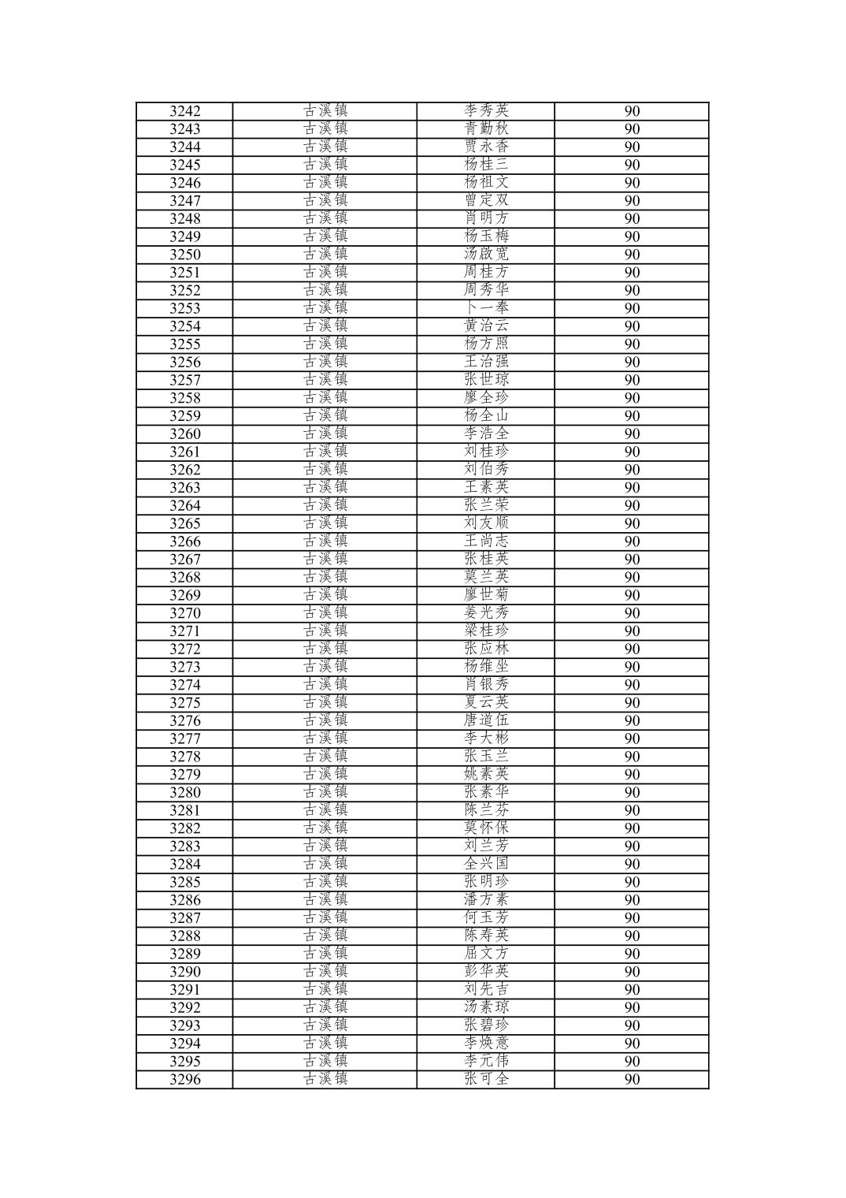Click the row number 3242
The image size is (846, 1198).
click(184, 111)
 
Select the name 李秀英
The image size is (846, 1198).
click(486, 111)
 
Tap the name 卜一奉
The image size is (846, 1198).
click(486, 308)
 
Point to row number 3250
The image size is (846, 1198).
click(184, 255)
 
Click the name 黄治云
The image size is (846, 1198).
click(486, 326)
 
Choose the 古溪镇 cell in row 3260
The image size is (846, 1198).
click(325, 433)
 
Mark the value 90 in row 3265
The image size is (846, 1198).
click(632, 523)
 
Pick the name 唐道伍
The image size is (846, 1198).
click(486, 720)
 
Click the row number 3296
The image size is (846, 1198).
click(184, 1079)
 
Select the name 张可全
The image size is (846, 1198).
click(486, 1079)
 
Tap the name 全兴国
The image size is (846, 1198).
click(486, 864)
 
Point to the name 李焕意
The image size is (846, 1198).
click(486, 1044)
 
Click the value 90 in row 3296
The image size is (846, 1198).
click(632, 1079)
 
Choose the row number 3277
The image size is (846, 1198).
click(184, 739)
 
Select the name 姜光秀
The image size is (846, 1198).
click(486, 613)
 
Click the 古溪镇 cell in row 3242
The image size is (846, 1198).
click(325, 111)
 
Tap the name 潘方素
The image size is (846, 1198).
click(486, 900)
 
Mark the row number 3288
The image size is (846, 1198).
click(184, 936)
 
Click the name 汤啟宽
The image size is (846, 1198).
click(486, 255)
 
